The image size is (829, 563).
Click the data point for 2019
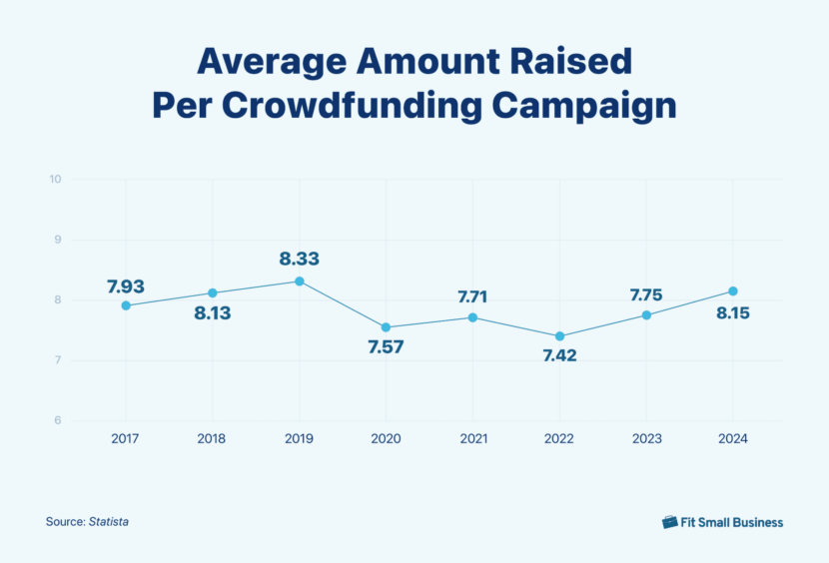(300, 281)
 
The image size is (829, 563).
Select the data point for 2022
(559, 336)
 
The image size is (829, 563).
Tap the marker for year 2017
(126, 305)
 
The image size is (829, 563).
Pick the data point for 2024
(733, 291)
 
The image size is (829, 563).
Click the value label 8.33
(300, 259)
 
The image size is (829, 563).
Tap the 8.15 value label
(732, 313)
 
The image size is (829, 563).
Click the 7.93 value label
(126, 286)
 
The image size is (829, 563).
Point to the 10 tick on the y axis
(55, 180)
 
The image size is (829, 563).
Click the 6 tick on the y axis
(58, 420)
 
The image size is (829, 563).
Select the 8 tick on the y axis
(58, 300)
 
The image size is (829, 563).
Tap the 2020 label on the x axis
(386, 438)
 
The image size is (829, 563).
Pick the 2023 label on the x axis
(646, 438)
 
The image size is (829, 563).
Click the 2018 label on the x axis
(212, 438)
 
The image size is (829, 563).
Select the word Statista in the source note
(109, 522)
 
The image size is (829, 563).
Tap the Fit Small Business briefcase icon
(670, 522)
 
